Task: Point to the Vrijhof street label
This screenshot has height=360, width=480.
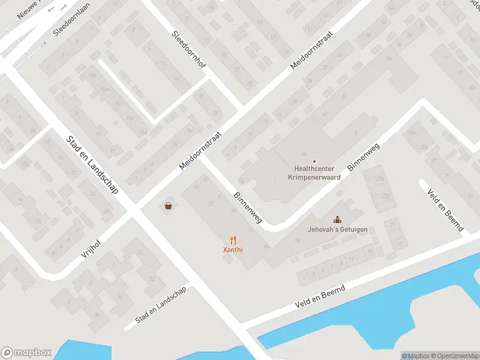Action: click(x=92, y=247)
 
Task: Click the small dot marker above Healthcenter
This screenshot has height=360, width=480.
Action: click(x=314, y=161)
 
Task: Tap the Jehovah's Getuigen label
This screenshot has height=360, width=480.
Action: click(x=338, y=230)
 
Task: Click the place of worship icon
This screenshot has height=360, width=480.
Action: click(x=337, y=220)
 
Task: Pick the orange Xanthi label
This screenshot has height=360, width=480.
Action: click(x=233, y=250)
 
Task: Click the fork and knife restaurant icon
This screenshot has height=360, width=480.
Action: click(x=233, y=239)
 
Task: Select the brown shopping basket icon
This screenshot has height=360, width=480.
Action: click(x=169, y=206)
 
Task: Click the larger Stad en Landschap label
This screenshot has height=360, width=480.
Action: click(x=92, y=164)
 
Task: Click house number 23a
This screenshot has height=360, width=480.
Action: click(x=379, y=179)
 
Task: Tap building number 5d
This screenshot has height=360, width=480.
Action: click(x=325, y=113)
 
